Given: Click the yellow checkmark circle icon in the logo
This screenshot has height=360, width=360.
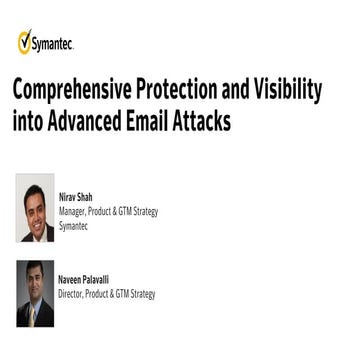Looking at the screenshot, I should click(25, 41).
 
